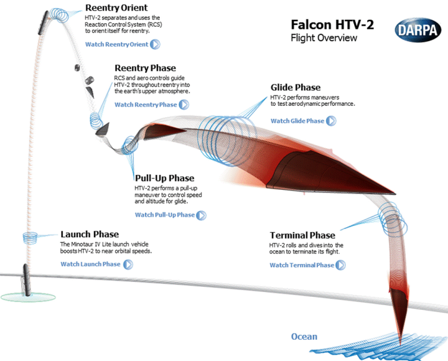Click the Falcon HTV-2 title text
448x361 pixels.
(x=332, y=25)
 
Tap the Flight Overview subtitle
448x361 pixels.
(x=324, y=38)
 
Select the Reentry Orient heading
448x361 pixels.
(x=116, y=8)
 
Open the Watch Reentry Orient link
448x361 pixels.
(x=116, y=44)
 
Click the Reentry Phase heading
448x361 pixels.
(x=145, y=68)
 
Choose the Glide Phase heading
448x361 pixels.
(x=295, y=87)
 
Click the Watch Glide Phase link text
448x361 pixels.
(x=297, y=121)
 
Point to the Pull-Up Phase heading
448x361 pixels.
(x=165, y=178)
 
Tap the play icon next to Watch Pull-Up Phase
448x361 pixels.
(x=201, y=215)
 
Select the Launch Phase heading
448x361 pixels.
(x=90, y=234)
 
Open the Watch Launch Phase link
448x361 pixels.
(x=90, y=264)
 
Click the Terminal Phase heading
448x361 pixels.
(x=302, y=235)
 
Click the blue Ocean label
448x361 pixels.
(x=304, y=337)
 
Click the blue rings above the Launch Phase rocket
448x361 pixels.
(x=30, y=237)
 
